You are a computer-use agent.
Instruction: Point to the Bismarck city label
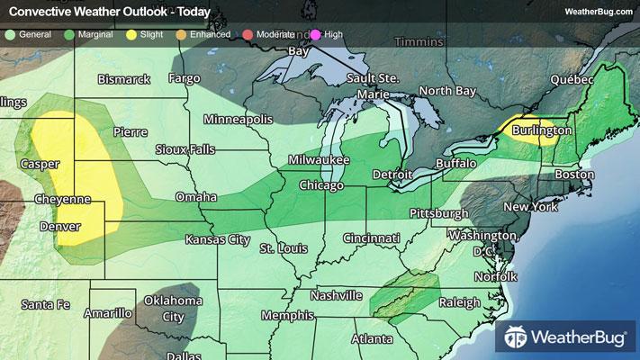tap(123, 79)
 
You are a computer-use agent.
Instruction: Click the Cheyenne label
tap(63, 198)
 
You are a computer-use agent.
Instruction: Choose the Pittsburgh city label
tap(438, 213)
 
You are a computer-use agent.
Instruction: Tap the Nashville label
tap(336, 295)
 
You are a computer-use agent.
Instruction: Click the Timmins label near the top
tap(420, 41)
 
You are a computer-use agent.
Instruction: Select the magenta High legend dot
tap(315, 35)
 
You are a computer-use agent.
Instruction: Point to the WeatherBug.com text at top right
tap(596, 10)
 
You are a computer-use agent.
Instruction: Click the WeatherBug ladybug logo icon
tap(516, 339)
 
